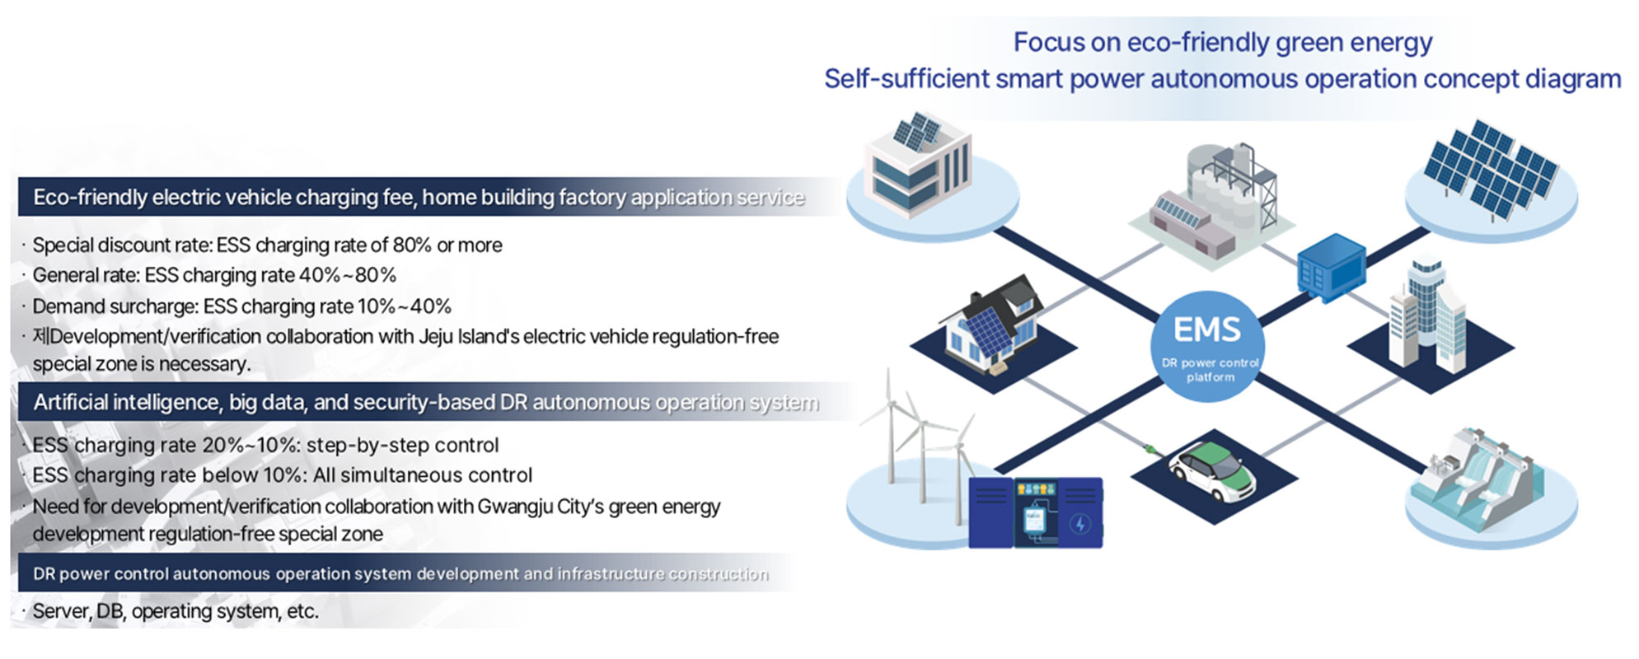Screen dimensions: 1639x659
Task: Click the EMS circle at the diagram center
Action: coord(1207,347)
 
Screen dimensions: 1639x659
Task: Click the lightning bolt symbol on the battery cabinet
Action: coord(1080,523)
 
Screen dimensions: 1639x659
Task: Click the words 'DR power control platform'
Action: coord(1210,370)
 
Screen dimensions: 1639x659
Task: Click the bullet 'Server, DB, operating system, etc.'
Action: coord(175,611)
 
